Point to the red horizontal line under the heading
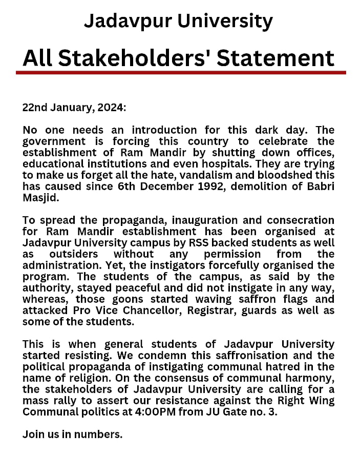[180, 73]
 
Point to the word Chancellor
[158, 311]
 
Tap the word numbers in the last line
[101, 435]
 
